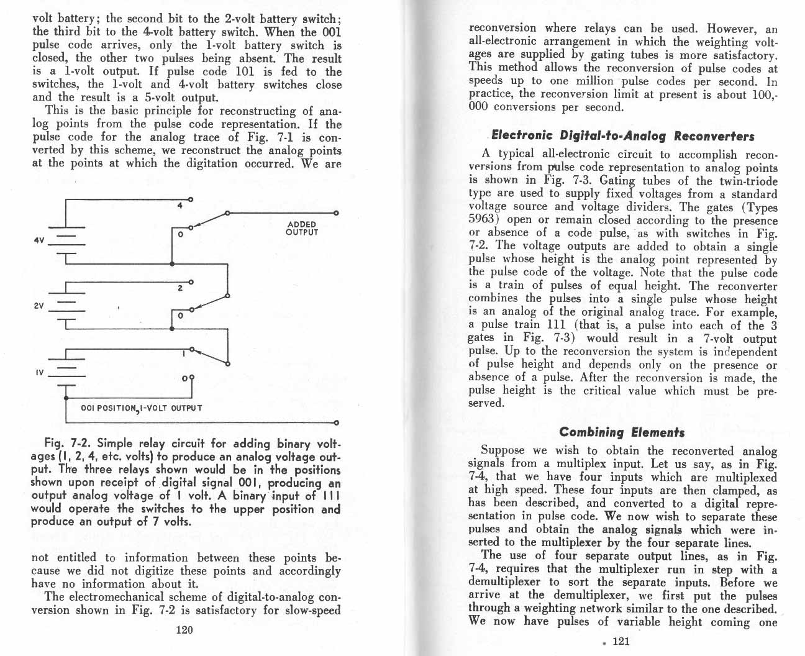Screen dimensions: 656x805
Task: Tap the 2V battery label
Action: pyautogui.click(x=38, y=306)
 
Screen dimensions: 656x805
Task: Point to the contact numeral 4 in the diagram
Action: pyautogui.click(x=180, y=206)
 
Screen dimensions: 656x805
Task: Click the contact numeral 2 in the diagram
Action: pyautogui.click(x=178, y=288)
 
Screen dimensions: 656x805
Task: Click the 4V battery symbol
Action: pyautogui.click(x=66, y=239)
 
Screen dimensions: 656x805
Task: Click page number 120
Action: pyautogui.click(x=185, y=630)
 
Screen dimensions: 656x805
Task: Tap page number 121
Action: pyautogui.click(x=621, y=641)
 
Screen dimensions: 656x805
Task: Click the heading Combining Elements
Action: pyautogui.click(x=622, y=432)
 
